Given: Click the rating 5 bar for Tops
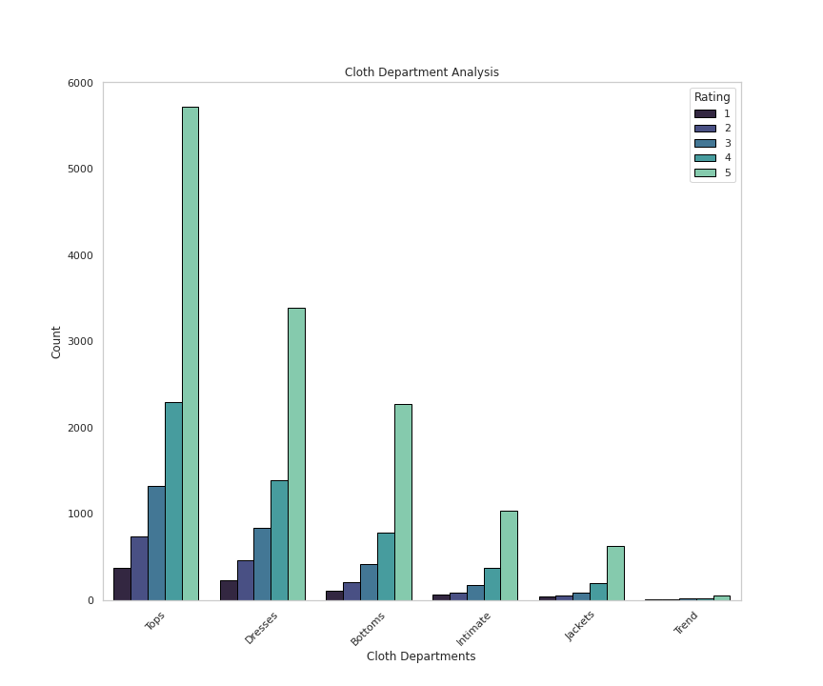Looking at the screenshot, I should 191,353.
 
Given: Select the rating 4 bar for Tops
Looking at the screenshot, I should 173,501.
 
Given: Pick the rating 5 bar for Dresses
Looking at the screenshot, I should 296,454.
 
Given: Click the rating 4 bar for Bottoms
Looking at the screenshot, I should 386,566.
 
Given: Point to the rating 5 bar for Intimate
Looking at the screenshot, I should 509,555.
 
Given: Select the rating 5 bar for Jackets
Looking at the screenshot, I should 615,573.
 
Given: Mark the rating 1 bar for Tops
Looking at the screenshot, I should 122,584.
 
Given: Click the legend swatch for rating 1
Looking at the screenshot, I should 705,113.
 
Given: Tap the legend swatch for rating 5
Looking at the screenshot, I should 705,172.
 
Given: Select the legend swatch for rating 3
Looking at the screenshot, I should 705,143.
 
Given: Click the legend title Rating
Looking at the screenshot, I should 713,97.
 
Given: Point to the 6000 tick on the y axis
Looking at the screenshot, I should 81,83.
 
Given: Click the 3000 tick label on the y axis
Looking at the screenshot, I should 81,341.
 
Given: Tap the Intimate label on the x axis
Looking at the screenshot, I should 473,629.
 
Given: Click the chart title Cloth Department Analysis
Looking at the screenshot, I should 421,72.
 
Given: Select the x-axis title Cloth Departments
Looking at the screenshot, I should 421,656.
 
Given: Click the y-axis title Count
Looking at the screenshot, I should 56,341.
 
